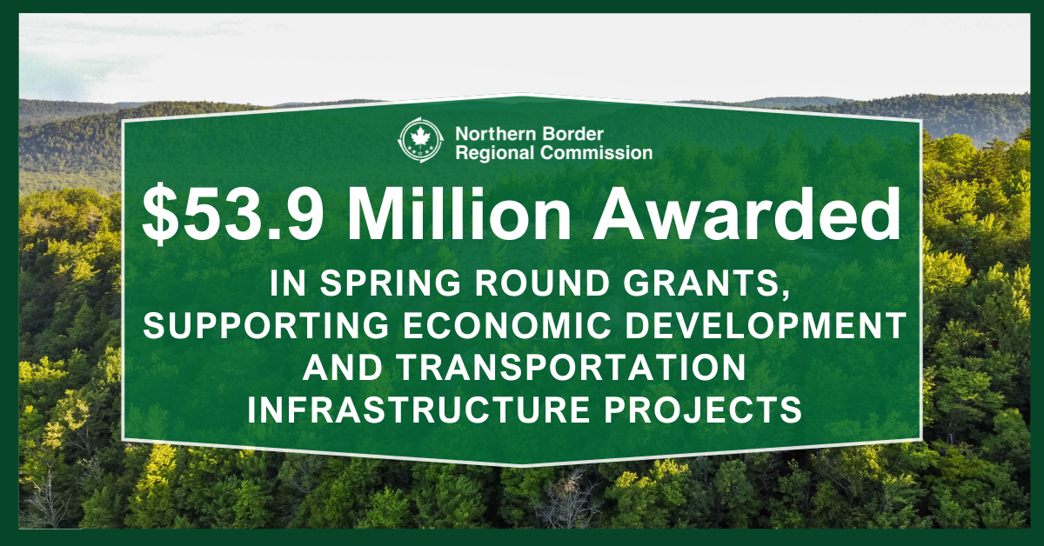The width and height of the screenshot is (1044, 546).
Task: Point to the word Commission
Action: [x=599, y=153]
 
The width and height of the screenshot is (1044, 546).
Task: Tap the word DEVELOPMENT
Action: [x=755, y=325]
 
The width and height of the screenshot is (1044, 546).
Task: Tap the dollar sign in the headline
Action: [x=161, y=214]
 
